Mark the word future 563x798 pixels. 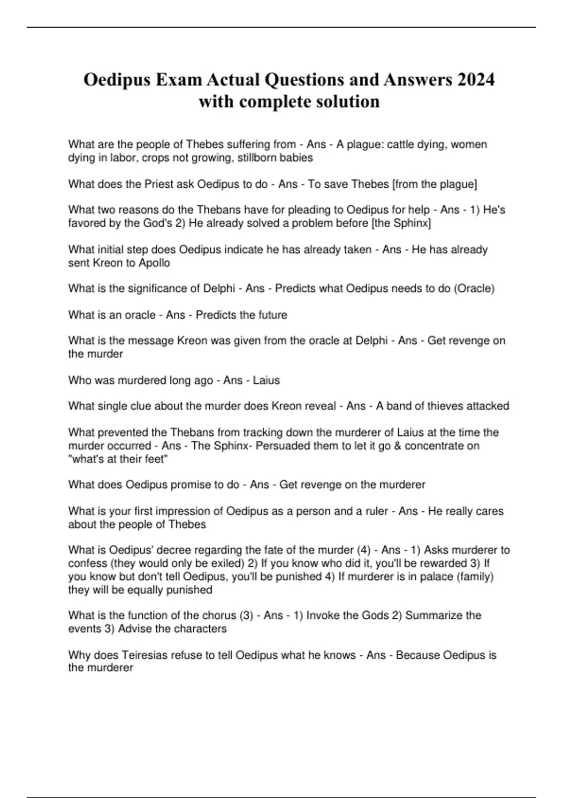tap(271, 315)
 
